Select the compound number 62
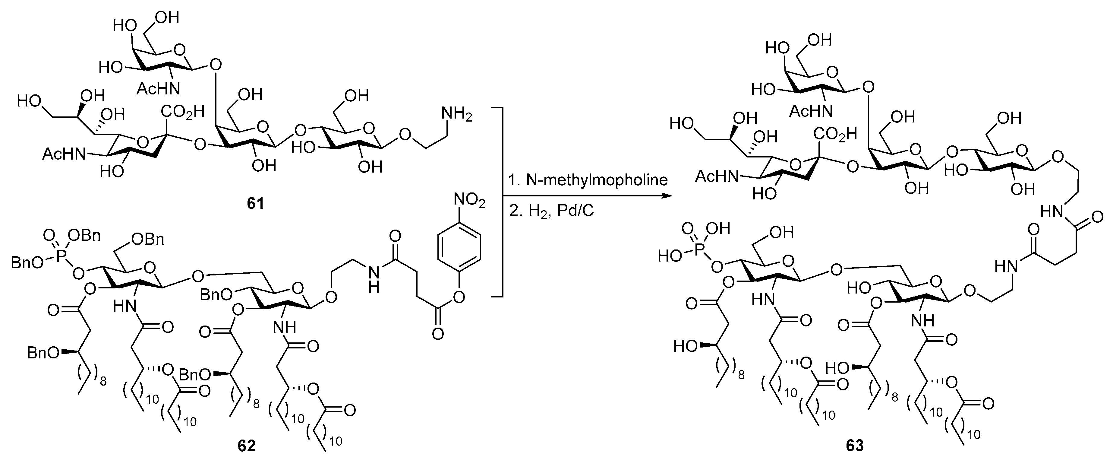[247, 445]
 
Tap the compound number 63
[855, 445]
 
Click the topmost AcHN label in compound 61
[158, 89]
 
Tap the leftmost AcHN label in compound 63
[715, 176]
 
